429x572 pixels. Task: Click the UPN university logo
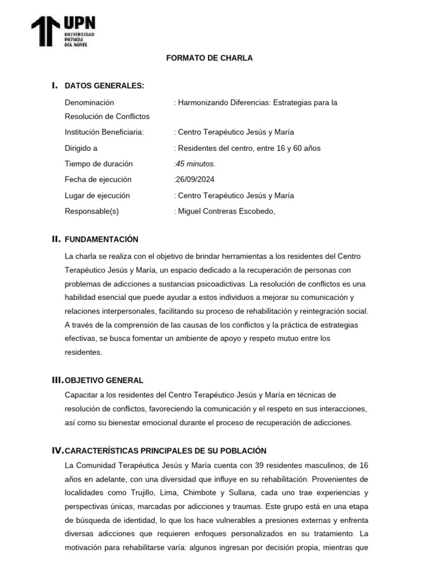(x=63, y=31)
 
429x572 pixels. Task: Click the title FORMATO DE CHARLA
(x=209, y=58)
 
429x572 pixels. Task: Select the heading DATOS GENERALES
(x=104, y=85)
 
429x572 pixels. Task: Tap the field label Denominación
(x=89, y=102)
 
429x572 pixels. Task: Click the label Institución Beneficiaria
(x=104, y=132)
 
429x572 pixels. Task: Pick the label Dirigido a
(x=81, y=148)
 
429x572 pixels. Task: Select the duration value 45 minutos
(x=195, y=164)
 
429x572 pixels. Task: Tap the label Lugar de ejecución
(x=97, y=196)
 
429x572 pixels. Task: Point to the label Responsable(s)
(x=92, y=211)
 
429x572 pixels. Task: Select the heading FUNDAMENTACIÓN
(x=101, y=239)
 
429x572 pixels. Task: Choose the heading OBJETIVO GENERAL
(x=104, y=380)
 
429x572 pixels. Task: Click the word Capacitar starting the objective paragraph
(x=82, y=395)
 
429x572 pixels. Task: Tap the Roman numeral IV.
(x=58, y=450)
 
